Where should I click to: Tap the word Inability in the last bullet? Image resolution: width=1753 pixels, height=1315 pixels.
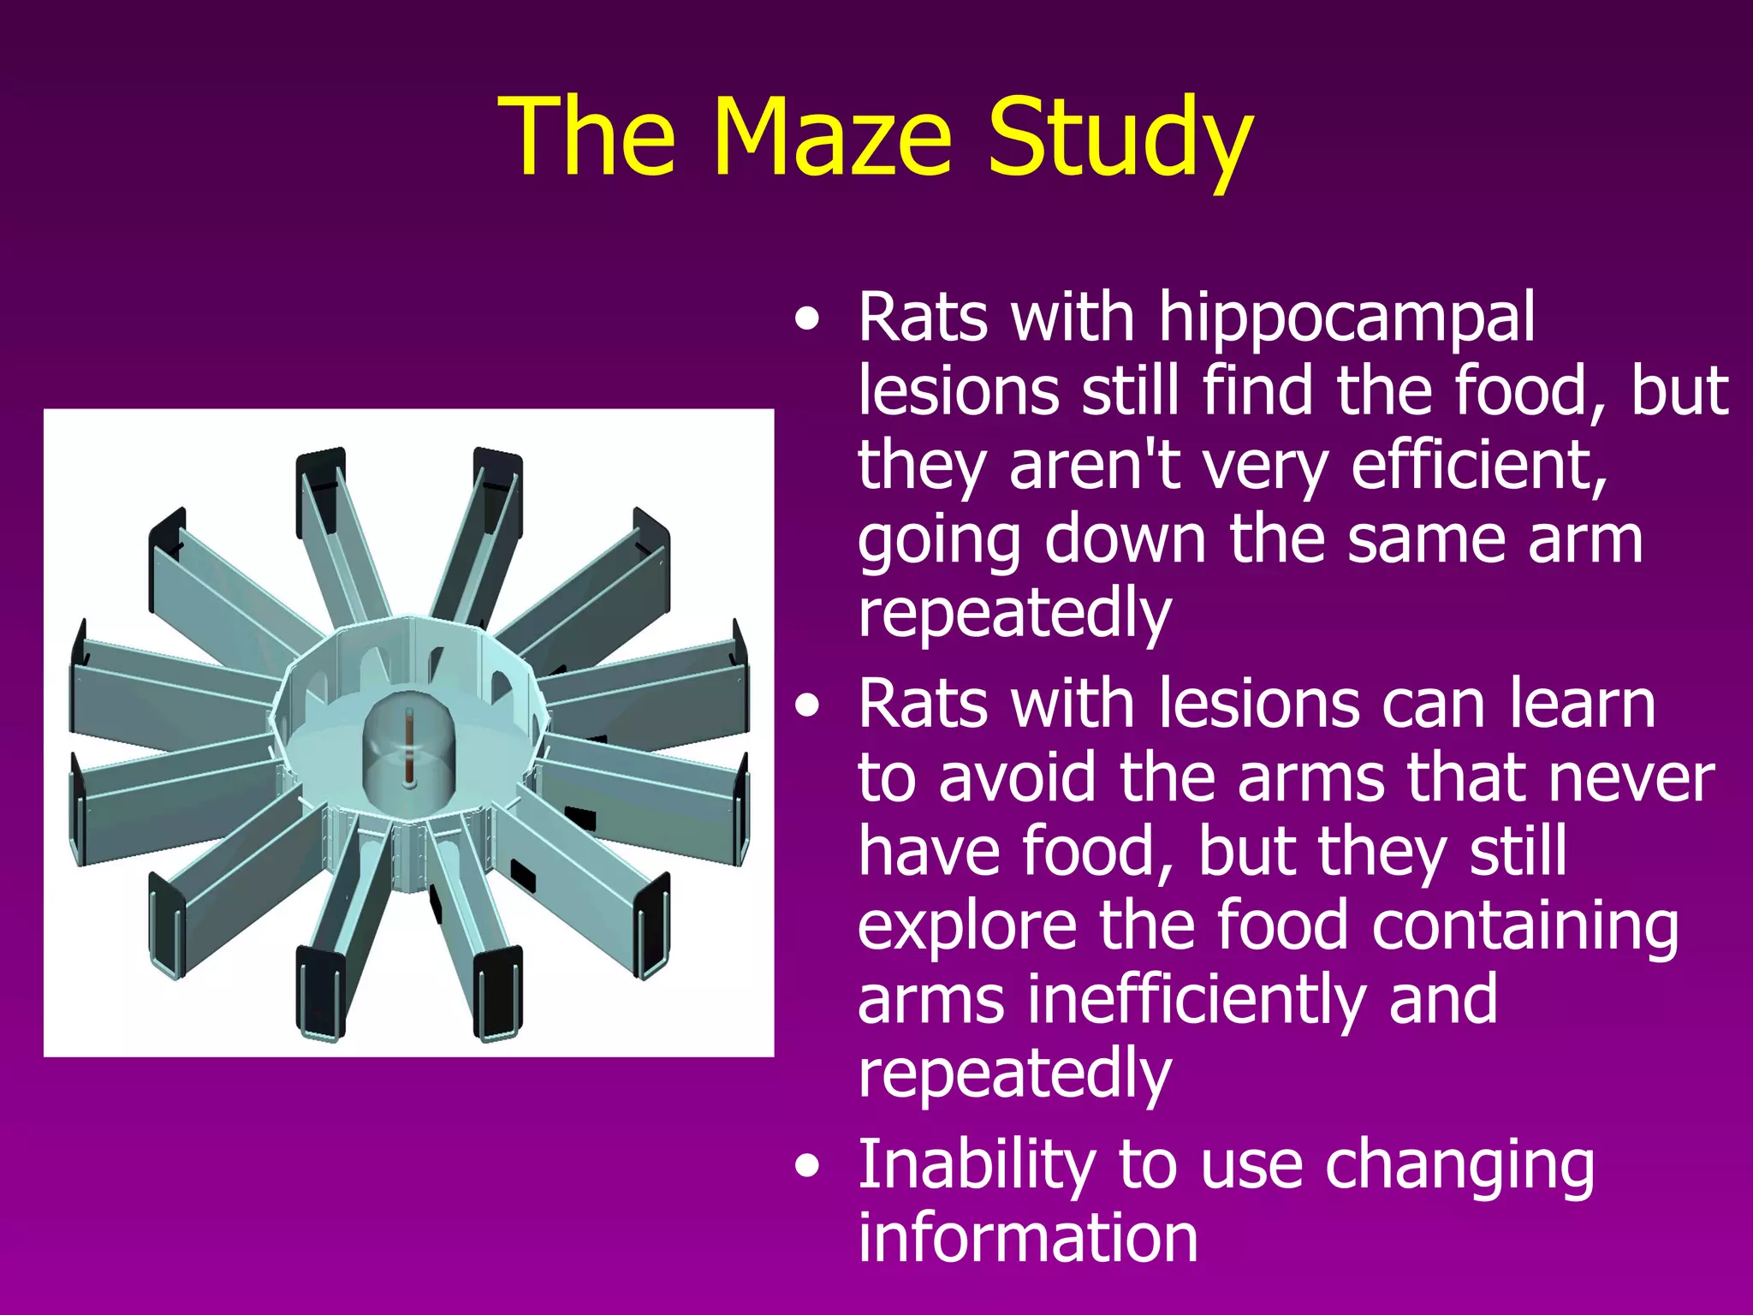(977, 1166)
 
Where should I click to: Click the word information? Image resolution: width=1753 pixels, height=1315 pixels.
(1027, 1238)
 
